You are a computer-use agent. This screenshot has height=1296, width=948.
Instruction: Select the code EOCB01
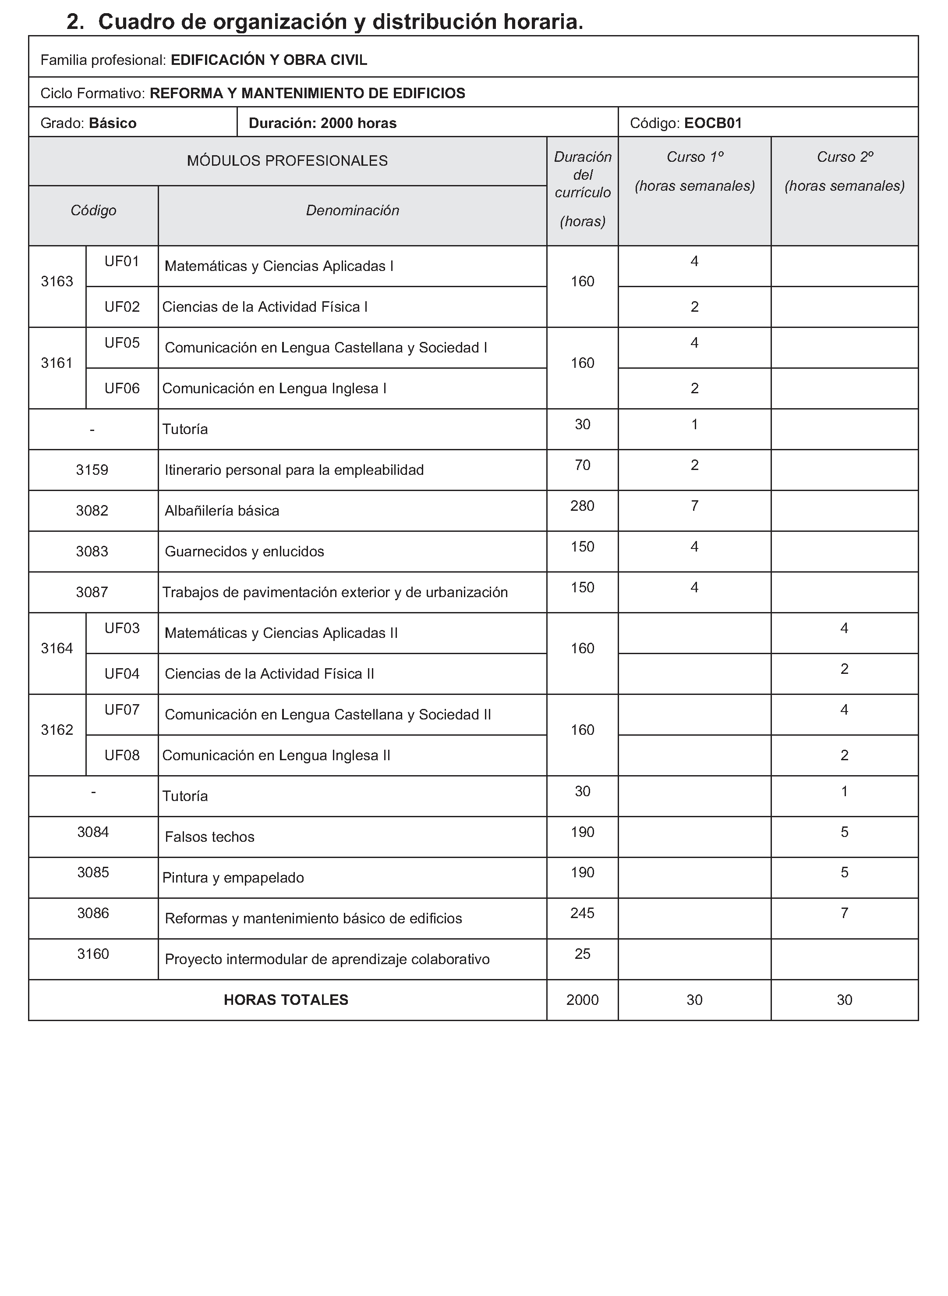713,123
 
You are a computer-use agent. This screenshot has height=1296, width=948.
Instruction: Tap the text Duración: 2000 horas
322,123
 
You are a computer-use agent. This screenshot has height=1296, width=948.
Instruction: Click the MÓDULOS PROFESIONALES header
287,161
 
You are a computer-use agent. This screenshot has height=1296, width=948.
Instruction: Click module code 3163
57,281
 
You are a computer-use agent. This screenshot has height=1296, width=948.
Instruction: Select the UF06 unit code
122,388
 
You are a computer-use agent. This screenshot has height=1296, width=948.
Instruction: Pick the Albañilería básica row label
222,510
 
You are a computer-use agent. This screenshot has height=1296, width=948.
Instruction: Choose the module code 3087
92,592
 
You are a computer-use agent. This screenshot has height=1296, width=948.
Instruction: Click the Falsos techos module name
209,837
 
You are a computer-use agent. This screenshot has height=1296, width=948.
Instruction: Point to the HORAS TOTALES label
286,1000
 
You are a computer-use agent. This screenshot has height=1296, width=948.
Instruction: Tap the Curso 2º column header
845,157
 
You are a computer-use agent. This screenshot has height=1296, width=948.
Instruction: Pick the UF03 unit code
122,628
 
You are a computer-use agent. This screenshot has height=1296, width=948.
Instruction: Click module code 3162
57,730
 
